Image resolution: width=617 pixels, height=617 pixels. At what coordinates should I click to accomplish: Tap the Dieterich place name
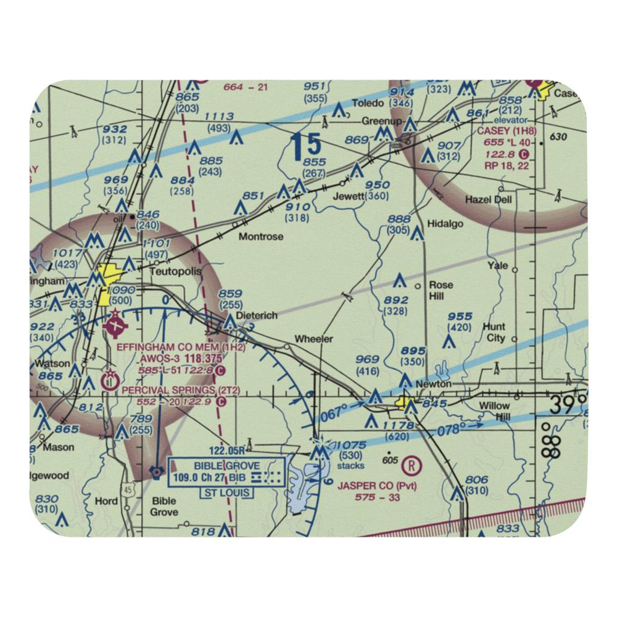point(257,315)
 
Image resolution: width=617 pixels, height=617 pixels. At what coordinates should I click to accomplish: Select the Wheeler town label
point(313,339)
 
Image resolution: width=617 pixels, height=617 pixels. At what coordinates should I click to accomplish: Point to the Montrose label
point(261,236)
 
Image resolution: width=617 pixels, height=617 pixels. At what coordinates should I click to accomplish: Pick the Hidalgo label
point(445,223)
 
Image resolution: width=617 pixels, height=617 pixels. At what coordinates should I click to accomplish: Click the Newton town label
point(434,384)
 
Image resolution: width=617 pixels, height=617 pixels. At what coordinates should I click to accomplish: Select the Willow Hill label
point(495,411)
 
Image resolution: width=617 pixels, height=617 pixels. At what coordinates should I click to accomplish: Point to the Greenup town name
point(378,121)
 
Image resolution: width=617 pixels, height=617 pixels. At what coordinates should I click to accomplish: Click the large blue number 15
point(306,146)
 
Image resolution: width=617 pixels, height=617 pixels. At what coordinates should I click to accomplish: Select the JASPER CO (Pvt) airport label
point(377,486)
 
